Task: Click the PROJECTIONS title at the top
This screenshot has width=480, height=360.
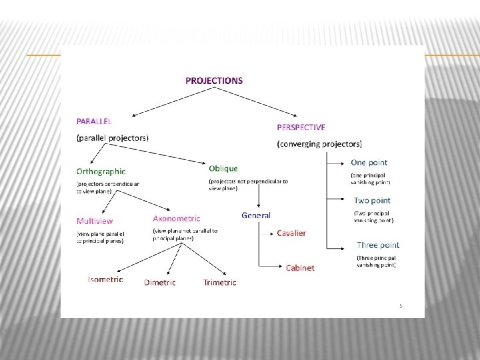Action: (x=214, y=81)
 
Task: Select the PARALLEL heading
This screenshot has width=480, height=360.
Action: (x=94, y=121)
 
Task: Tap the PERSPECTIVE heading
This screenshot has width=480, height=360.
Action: (x=301, y=127)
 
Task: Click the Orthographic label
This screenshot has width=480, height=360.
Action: (x=101, y=171)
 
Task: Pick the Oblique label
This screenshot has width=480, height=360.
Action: (x=223, y=169)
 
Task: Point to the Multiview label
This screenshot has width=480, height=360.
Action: (x=95, y=221)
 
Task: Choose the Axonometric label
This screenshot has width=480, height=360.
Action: (x=177, y=219)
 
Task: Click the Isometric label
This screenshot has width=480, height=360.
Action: (x=105, y=279)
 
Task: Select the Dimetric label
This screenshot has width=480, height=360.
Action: (x=160, y=283)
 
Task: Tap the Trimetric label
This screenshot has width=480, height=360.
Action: (x=220, y=283)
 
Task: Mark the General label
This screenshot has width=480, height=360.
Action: (x=256, y=215)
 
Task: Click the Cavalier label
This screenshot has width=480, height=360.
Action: (x=291, y=233)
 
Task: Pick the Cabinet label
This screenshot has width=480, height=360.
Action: (x=300, y=268)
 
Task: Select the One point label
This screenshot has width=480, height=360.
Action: (x=369, y=163)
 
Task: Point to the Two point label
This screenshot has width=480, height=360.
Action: (x=373, y=201)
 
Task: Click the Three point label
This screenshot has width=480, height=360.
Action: (x=378, y=245)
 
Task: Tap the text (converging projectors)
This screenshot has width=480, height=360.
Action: (x=319, y=143)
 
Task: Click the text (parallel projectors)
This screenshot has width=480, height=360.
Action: (x=113, y=138)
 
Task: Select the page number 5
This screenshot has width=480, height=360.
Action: (x=401, y=306)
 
